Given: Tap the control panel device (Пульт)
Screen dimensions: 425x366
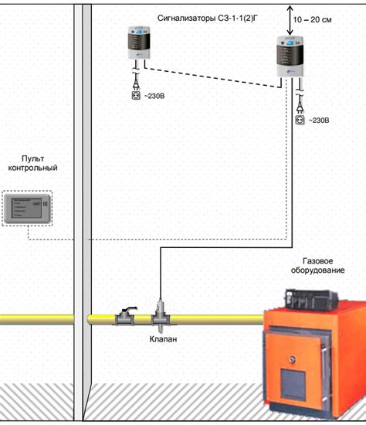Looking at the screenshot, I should [x=27, y=207].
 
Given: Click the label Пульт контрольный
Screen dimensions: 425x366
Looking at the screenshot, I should [x=33, y=161].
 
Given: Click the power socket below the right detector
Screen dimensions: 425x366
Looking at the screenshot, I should [x=300, y=121].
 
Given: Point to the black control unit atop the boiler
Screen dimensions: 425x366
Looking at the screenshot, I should [x=310, y=297].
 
